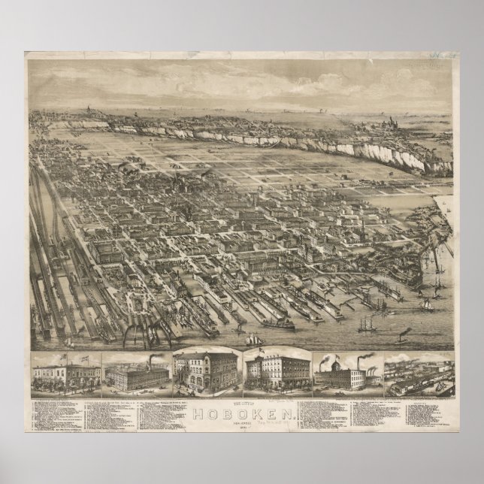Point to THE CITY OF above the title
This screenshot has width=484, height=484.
click(242, 404)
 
